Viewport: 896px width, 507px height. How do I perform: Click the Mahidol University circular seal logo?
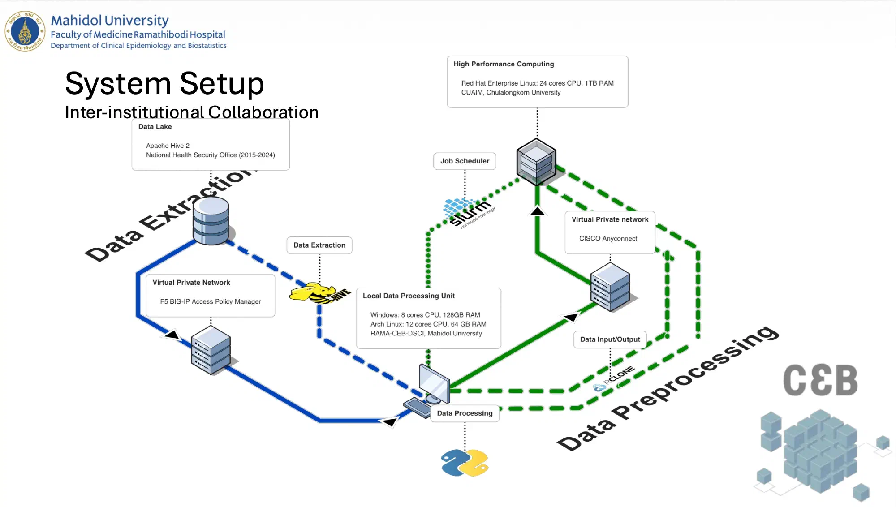25,31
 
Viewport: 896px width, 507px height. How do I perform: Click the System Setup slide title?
164,84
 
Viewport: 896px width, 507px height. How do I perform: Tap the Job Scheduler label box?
465,161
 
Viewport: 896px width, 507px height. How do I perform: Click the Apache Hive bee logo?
319,293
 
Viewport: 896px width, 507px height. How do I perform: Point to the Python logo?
465,463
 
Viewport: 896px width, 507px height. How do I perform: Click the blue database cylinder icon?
211,221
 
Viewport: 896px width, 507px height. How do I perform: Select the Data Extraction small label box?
319,245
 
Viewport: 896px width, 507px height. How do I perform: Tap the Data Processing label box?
465,413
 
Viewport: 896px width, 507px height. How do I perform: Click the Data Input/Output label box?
610,339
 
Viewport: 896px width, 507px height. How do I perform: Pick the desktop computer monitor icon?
434,384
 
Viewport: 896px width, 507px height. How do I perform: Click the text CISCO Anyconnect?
608,239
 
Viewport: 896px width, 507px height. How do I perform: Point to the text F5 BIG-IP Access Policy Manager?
211,302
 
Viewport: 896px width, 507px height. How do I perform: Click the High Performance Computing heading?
504,64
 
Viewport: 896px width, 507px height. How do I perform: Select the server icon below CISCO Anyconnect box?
610,288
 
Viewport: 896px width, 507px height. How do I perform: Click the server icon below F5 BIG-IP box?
211,350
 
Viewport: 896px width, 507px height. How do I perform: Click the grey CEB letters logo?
820,380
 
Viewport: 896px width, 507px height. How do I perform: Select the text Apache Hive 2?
168,146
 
